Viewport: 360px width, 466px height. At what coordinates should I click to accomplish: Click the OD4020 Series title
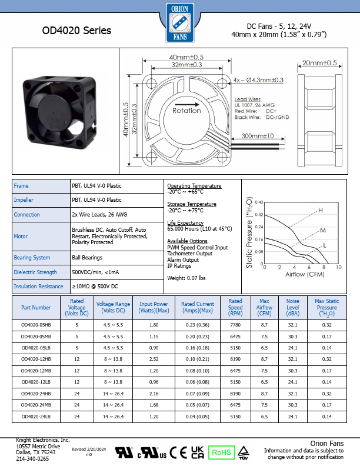tap(76, 31)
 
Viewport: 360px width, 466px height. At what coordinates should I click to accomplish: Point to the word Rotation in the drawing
tap(186, 110)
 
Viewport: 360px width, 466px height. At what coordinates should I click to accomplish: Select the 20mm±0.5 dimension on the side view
tap(319, 63)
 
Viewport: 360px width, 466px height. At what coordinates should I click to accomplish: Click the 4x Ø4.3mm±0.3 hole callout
tap(258, 79)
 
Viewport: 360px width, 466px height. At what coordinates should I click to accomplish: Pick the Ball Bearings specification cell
tap(87, 258)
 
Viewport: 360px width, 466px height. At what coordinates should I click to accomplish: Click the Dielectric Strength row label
tap(35, 272)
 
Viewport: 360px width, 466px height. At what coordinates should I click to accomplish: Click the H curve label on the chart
tap(321, 210)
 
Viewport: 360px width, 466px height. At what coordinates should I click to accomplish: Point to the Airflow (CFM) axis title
tap(306, 274)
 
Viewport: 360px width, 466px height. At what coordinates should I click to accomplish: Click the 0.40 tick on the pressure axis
tap(259, 201)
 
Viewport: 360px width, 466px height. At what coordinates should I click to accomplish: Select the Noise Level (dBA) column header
tap(292, 307)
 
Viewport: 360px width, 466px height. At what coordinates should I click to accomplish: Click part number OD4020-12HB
tap(36, 358)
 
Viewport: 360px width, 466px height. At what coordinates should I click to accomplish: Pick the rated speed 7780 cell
tap(235, 324)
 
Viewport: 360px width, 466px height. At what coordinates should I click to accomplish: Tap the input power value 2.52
tap(154, 358)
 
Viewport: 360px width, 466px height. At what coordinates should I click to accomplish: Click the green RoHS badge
tap(222, 452)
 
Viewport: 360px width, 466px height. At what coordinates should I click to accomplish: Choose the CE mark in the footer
tap(174, 452)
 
